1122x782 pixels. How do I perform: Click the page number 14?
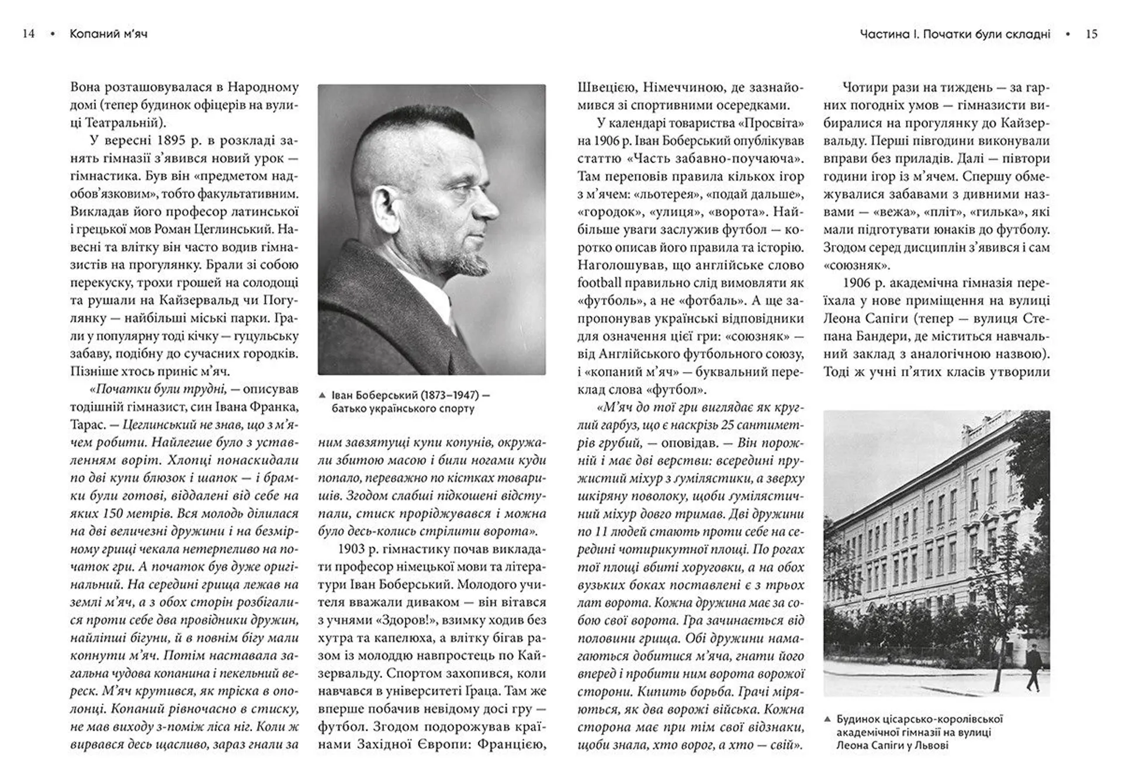click(28, 34)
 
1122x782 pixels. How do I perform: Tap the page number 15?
click(1092, 34)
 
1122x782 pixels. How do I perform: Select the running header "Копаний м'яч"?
click(108, 34)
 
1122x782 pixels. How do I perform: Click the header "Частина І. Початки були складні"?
click(955, 34)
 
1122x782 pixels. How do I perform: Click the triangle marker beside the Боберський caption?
click(322, 395)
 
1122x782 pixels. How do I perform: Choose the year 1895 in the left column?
click(171, 141)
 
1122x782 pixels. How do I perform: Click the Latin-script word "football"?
click(600, 283)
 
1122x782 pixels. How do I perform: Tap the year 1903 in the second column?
click(351, 549)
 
